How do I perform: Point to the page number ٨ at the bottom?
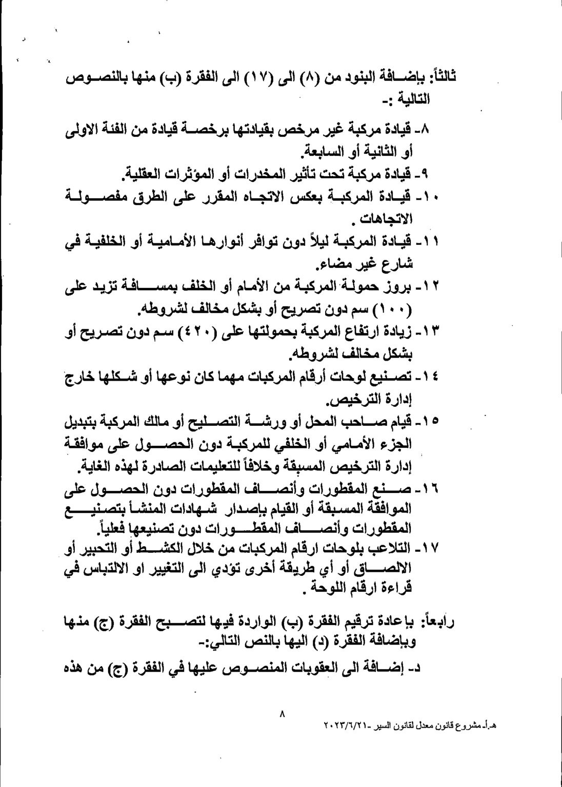[282, 712]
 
